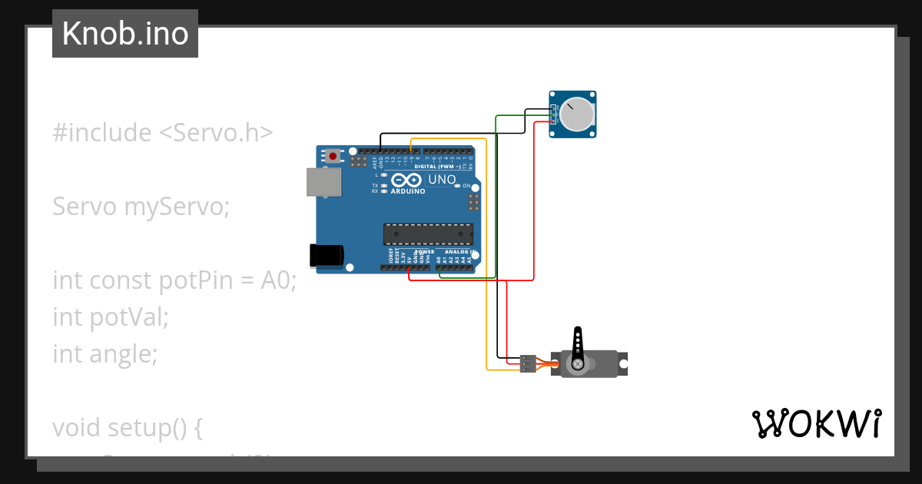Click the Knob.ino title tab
click(124, 34)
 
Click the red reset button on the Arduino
click(333, 156)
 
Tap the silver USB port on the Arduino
click(323, 182)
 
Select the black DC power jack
click(326, 256)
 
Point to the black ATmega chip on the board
click(428, 234)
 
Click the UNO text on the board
click(442, 180)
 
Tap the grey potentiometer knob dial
click(576, 114)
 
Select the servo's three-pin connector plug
click(527, 363)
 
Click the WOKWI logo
click(816, 424)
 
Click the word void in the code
click(77, 428)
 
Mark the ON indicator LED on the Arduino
click(457, 186)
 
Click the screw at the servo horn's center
click(577, 363)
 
